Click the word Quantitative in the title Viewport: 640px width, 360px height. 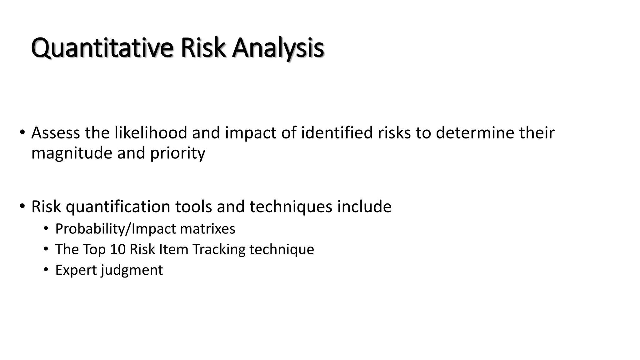tap(102, 48)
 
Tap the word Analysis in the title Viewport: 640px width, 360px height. tap(277, 48)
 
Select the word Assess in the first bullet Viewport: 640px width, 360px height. tap(55, 133)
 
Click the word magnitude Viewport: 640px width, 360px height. tap(72, 153)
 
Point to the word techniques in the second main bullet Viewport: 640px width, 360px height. tap(291, 207)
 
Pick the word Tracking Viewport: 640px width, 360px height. tap(219, 249)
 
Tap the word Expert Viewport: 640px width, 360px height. tap(76, 270)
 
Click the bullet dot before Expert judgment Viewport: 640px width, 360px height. tap(46, 269)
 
